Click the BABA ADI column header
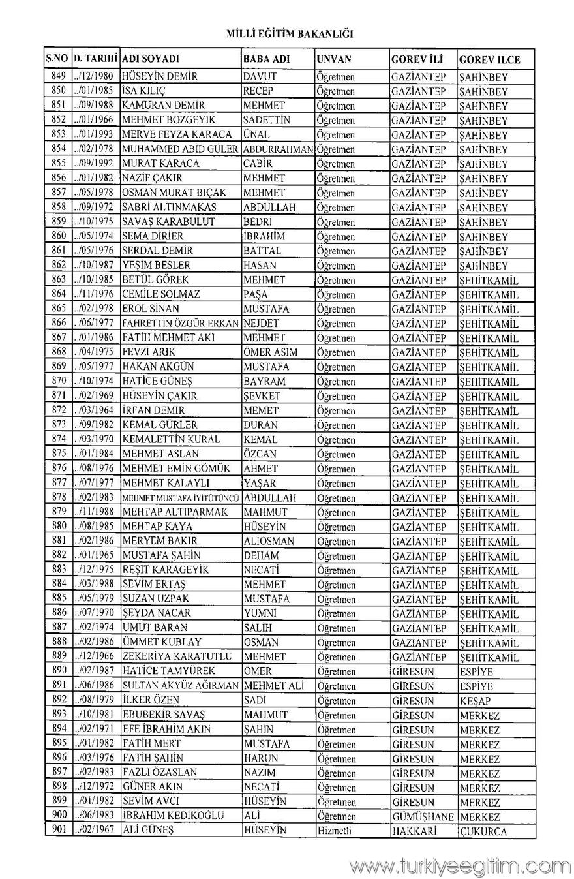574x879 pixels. tap(266, 59)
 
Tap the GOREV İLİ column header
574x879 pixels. tap(415, 59)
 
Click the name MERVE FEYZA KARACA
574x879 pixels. tap(177, 134)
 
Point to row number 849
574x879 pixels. tap(59, 76)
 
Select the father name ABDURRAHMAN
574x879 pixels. tap(278, 149)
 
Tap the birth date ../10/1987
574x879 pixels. tap(95, 266)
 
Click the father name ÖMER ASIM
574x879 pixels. tap(270, 352)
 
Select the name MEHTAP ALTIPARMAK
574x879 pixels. tap(175, 512)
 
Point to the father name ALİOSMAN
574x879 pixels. tap(269, 542)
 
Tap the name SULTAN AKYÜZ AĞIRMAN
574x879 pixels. tap(181, 686)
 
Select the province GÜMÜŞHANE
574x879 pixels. tap(423, 817)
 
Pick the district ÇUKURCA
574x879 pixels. tap(483, 831)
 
